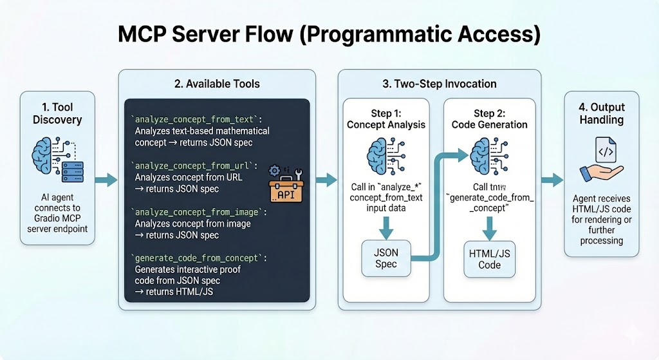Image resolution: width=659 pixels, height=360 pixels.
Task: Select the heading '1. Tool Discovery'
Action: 57,113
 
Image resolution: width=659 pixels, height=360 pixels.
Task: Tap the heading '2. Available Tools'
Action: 217,83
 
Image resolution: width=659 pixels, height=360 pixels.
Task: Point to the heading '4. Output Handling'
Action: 599,113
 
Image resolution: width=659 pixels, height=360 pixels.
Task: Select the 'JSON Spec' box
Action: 386,258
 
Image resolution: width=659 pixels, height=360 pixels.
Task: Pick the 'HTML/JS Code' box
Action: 490,259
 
